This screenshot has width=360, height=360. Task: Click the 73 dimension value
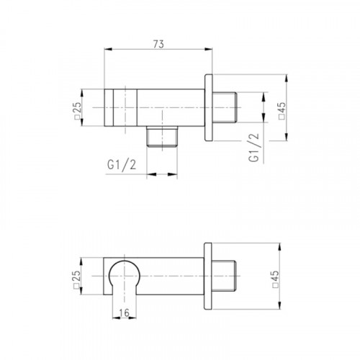(x=158, y=44)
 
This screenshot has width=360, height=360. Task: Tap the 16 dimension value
(x=125, y=312)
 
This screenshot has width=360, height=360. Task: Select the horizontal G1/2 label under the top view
(x=122, y=165)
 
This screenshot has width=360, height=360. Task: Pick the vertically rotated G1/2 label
(x=254, y=148)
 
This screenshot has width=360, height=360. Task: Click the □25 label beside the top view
(x=77, y=111)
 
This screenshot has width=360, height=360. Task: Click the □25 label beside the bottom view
(x=76, y=279)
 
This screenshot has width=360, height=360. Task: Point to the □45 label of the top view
(x=282, y=110)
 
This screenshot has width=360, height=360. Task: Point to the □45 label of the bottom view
(x=276, y=279)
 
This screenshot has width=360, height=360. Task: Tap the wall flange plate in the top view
(x=209, y=107)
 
